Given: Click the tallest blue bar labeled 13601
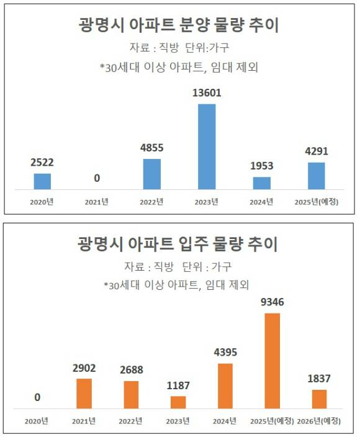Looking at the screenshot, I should click(207, 146).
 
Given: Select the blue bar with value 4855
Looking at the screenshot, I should click(152, 174).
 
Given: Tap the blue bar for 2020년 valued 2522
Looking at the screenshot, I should click(42, 181).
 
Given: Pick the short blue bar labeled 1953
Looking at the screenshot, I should click(262, 183).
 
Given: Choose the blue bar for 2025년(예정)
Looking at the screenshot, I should click(317, 176).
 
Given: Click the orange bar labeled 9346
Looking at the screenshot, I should click(272, 361).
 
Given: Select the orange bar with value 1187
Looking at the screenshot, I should click(178, 402).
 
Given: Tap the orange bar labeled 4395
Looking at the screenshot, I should click(225, 385).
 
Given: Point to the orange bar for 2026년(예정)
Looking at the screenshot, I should click(319, 399).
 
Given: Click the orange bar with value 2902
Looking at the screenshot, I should click(84, 394).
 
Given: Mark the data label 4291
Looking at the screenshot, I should click(317, 151).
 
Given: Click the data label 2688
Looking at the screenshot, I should click(131, 369).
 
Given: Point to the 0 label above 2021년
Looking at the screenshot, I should click(97, 179).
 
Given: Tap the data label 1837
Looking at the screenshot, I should click(319, 378).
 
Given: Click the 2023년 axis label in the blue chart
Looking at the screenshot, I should click(207, 201).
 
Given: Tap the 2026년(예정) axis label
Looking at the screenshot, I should click(319, 421).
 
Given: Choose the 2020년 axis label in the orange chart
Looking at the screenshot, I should click(37, 421).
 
